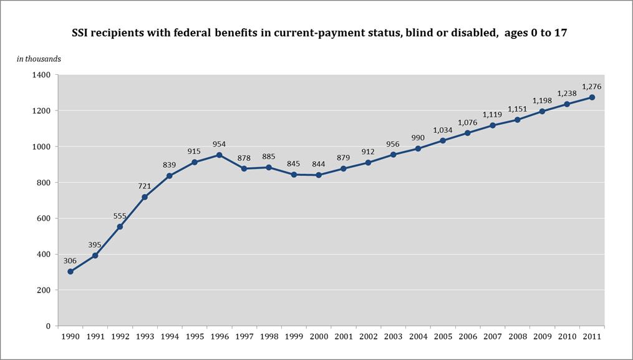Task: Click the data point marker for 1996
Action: (219, 155)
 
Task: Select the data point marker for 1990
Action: (70, 271)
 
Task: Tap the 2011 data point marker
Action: (591, 97)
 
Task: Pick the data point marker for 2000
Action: (319, 175)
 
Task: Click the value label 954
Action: (219, 143)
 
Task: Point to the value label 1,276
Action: (591, 86)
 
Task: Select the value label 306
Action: (70, 260)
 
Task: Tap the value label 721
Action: (145, 185)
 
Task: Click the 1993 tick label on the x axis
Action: (145, 337)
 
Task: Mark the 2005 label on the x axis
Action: (442, 337)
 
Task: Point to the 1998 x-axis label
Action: (269, 337)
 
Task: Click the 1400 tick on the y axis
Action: (40, 75)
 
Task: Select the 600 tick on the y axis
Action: (42, 218)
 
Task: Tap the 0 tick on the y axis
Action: (47, 326)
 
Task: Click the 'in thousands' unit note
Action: (39, 59)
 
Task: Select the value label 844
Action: (319, 163)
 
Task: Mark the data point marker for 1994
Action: (170, 176)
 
